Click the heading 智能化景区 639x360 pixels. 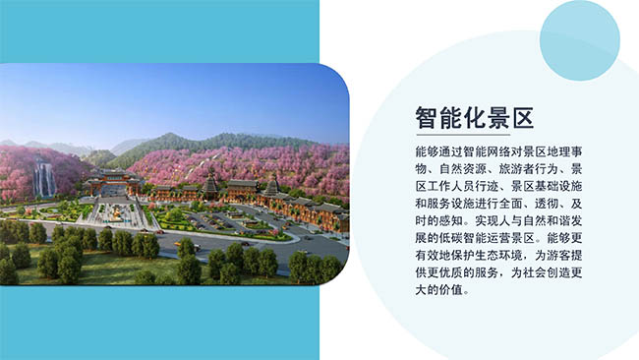473,120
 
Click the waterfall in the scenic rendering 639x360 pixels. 43,179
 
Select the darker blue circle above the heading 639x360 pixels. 579,39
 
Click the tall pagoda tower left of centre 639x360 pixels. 209,182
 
